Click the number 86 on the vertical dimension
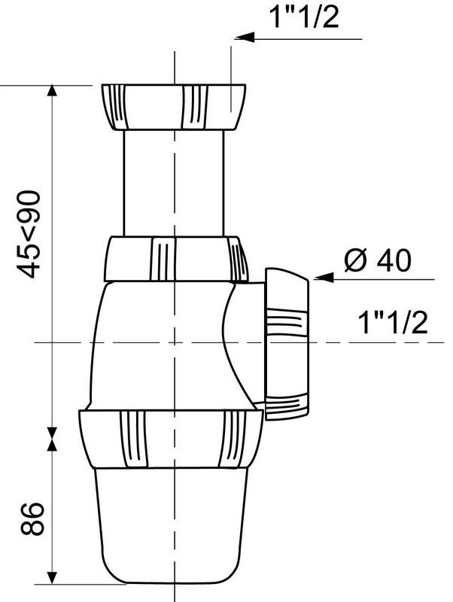(x=31, y=520)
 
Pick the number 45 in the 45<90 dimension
(x=31, y=258)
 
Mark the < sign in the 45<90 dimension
(x=31, y=229)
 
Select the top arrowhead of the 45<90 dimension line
(x=52, y=92)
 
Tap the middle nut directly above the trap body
(x=175, y=259)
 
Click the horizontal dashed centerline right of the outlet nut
(x=376, y=343)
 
